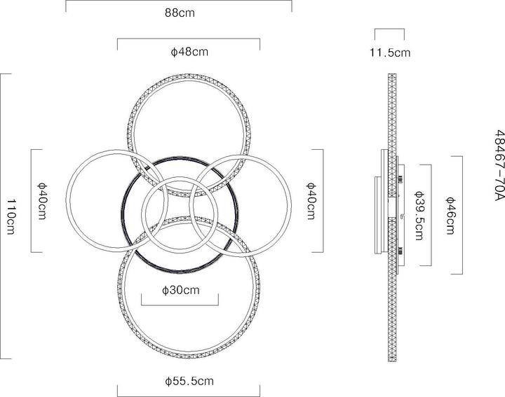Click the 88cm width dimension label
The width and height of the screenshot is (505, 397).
coord(179,13)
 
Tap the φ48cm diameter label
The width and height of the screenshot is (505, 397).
coord(189,52)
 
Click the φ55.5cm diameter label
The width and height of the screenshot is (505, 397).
coord(189,382)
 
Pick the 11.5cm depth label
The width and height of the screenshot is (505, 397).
coord(389,52)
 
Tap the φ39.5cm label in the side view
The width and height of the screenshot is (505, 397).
coord(419,215)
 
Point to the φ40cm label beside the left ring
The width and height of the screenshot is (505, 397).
coord(43,201)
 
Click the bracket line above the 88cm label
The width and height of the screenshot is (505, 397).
coord(179,1)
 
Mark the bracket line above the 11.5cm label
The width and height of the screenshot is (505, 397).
coord(389,29)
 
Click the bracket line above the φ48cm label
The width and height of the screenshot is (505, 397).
coord(189,39)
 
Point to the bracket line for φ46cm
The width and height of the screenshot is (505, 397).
coord(463,214)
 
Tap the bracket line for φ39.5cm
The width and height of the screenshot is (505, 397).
coord(429,215)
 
